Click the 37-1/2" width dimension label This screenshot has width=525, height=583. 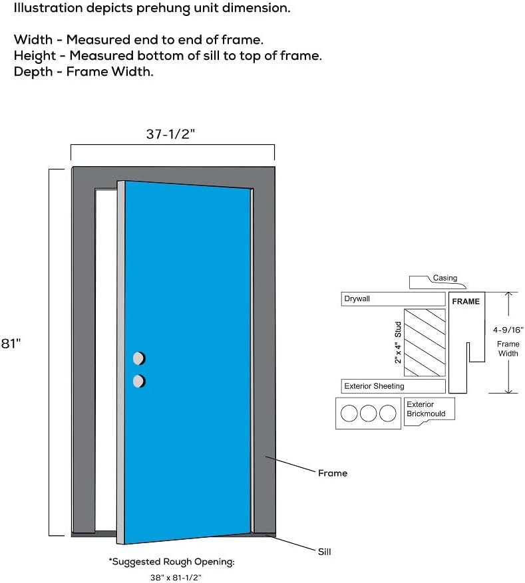[170, 134]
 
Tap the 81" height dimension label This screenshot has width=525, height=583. [11, 343]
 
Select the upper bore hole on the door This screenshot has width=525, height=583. [138, 358]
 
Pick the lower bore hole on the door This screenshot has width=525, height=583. [138, 381]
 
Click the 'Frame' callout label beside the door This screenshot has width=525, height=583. [332, 473]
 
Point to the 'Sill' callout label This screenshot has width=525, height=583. [323, 552]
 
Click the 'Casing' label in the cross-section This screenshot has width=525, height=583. [444, 278]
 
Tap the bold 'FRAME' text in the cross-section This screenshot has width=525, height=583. [465, 301]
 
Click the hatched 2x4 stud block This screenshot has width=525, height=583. [425, 342]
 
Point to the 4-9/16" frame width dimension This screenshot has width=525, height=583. [508, 329]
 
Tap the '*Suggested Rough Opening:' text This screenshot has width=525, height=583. [172, 562]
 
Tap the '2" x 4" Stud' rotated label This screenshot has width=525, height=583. [398, 342]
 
